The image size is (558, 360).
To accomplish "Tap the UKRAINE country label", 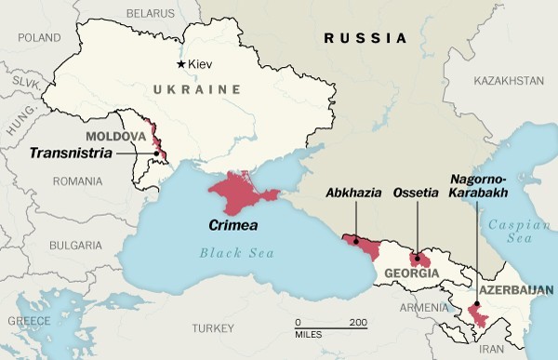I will click(x=193, y=89).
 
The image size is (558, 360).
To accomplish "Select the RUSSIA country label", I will click(x=365, y=39).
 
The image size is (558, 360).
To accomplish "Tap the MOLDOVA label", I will click(x=115, y=137).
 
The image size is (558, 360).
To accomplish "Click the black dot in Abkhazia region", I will click(x=355, y=241).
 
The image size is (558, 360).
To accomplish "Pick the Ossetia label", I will click(x=417, y=194).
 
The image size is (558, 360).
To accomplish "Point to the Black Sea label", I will click(x=231, y=254).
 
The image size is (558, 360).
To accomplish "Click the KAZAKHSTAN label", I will click(x=508, y=82).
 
